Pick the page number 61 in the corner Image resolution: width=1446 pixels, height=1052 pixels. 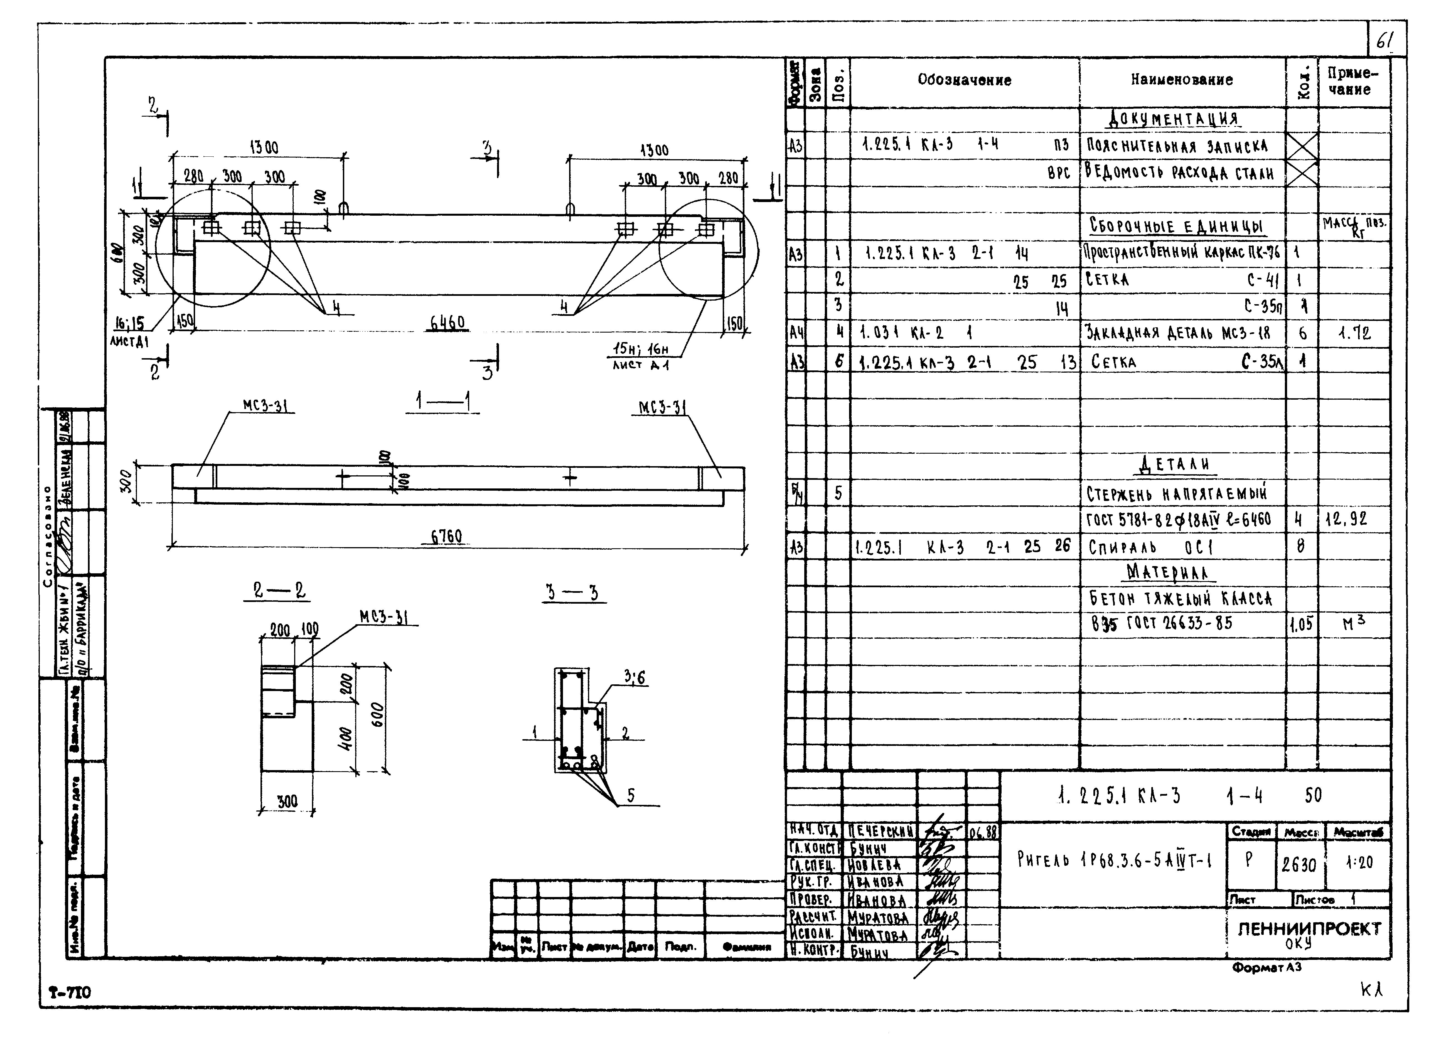pyautogui.click(x=1385, y=42)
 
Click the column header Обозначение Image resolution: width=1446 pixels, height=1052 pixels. pyautogui.click(x=964, y=80)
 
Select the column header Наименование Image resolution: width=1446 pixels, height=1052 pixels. pyautogui.click(x=1181, y=80)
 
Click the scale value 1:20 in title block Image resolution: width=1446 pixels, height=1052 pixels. pyautogui.click(x=1359, y=863)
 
